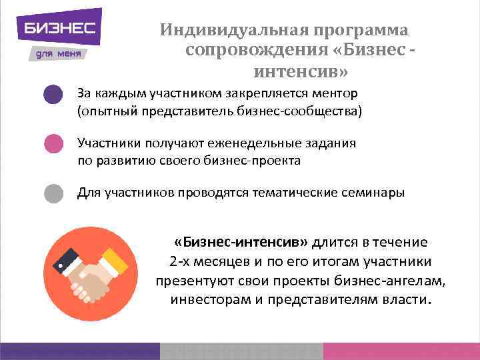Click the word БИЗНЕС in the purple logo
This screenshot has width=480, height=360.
pyautogui.click(x=60, y=28)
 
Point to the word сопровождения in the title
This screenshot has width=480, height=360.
pyautogui.click(x=257, y=51)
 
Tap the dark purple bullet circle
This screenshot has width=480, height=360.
pyautogui.click(x=53, y=95)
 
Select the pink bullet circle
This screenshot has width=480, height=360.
pyautogui.click(x=53, y=144)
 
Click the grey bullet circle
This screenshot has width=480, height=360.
pyautogui.click(x=53, y=193)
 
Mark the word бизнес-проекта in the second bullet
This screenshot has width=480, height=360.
pyautogui.click(x=255, y=161)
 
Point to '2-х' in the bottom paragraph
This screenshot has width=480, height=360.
pyautogui.click(x=181, y=261)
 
